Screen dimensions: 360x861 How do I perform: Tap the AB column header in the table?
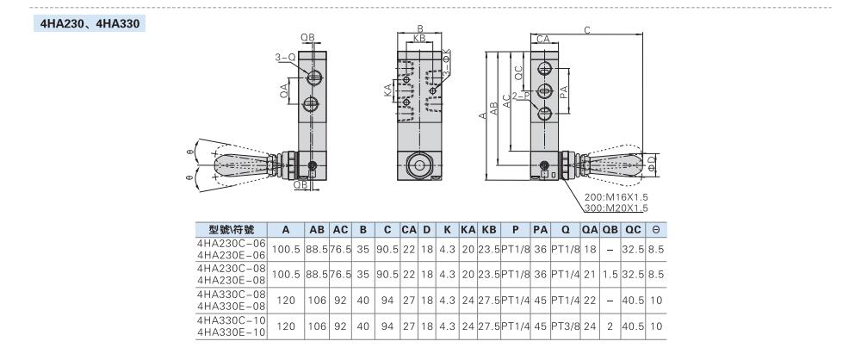[316, 230]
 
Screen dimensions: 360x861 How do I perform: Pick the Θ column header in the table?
[656, 230]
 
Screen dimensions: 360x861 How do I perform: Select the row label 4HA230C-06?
[232, 243]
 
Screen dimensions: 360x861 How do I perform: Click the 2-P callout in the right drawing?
[519, 96]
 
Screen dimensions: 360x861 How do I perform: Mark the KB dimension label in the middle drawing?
[419, 39]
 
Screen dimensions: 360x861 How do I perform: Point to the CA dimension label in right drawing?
[542, 39]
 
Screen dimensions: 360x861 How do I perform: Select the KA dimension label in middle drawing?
[388, 91]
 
